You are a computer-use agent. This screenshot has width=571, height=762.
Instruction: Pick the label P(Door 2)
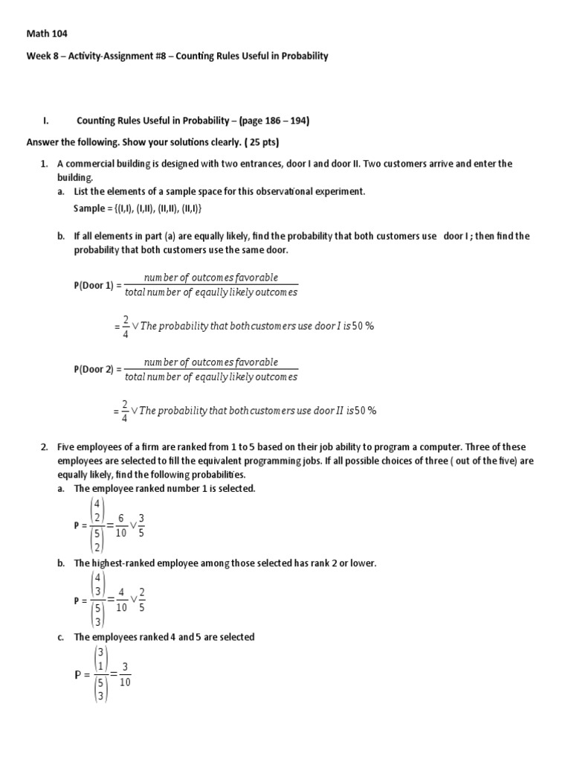[x=94, y=369]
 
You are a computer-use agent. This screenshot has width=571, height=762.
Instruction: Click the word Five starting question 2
[x=64, y=447]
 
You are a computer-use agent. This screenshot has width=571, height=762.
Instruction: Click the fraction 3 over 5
[x=141, y=525]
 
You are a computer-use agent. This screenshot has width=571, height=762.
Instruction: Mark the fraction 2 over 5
[x=141, y=600]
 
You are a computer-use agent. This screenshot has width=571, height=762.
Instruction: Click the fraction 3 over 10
[x=124, y=675]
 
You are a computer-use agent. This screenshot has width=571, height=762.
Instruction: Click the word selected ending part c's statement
[x=236, y=637]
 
